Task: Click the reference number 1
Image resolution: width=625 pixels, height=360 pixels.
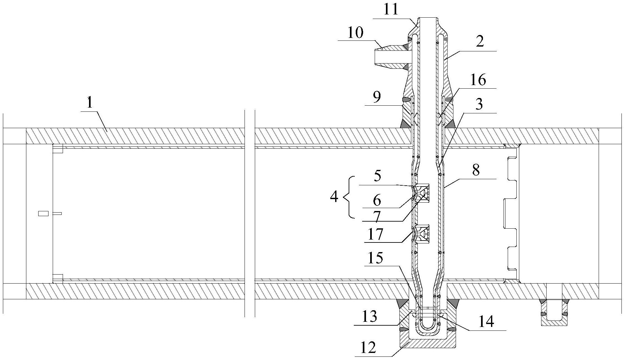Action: [x=90, y=103]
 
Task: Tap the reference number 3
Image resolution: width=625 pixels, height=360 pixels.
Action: [x=479, y=104]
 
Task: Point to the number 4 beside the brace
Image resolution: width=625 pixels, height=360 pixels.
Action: [x=334, y=197]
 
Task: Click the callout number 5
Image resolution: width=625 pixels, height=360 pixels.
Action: [x=378, y=176]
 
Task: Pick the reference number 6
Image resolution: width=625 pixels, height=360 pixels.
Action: [x=377, y=201]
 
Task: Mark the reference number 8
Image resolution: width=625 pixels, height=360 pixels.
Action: [x=476, y=170]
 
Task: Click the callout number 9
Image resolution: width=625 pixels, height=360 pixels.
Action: [x=377, y=96]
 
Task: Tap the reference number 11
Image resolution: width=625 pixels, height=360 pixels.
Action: [x=390, y=10]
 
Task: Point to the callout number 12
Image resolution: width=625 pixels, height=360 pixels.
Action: [x=368, y=348]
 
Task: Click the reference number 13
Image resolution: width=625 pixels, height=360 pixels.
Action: [x=370, y=316]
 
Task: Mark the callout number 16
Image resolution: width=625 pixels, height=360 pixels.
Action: [x=478, y=80]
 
